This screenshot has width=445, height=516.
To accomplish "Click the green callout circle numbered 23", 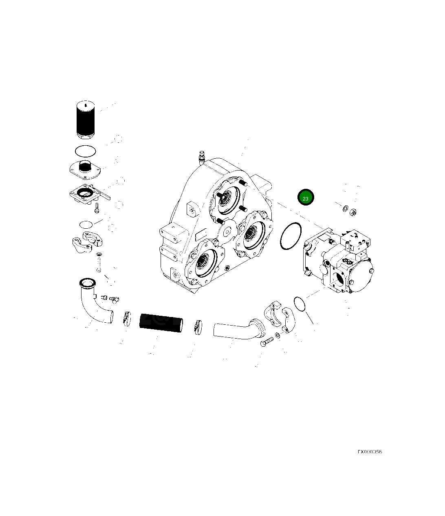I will [306, 198].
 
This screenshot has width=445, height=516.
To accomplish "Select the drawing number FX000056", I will [370, 452].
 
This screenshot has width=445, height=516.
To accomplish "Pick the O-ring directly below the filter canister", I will [86, 151].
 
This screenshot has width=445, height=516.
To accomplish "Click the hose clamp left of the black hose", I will [127, 318].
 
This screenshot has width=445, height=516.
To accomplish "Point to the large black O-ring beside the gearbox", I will [291, 236].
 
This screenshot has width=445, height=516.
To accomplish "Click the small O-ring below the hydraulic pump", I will [299, 303].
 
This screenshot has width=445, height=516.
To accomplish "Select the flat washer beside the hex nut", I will [345, 209].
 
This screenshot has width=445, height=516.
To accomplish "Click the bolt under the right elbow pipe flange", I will [267, 342].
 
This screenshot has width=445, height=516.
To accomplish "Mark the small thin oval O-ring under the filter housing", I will [86, 224].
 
